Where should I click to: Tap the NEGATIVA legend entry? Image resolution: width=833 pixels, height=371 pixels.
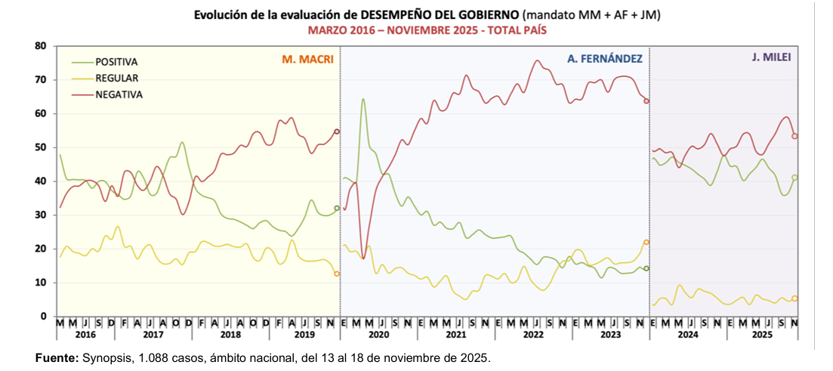119,94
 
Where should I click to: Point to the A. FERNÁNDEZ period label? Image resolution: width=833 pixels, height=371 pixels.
605,59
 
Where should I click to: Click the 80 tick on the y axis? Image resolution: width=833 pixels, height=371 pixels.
41,46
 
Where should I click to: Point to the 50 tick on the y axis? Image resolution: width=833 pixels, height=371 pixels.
41,147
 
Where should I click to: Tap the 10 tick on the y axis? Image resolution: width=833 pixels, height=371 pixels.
41,283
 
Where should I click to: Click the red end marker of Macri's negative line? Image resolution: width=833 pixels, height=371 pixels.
337,131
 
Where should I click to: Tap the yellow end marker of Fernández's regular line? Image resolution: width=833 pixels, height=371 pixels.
646,242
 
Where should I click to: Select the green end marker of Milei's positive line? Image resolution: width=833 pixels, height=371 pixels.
794,178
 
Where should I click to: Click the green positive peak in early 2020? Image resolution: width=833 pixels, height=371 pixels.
363,99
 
